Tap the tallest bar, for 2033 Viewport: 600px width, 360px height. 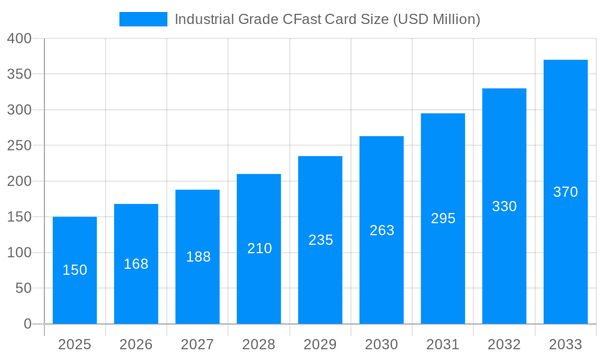(x=565, y=150)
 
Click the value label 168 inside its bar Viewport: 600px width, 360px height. (x=136, y=264)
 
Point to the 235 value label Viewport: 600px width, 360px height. (x=320, y=240)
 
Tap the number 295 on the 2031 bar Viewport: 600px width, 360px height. (x=443, y=218)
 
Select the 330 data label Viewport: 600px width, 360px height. (x=504, y=206)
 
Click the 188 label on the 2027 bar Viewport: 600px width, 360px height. (x=198, y=257)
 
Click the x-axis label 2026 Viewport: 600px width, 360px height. (x=136, y=344)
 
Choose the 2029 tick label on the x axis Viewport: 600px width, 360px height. (x=320, y=344)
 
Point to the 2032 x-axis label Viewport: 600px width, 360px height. (x=504, y=344)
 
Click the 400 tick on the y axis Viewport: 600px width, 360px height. (x=19, y=38)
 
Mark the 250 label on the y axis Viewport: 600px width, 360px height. (x=19, y=145)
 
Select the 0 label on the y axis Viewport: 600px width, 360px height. (x=28, y=324)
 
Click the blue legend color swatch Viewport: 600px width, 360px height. (x=143, y=19)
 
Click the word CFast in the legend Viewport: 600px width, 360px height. (x=302, y=19)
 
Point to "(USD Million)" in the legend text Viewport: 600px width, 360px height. (x=436, y=19)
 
